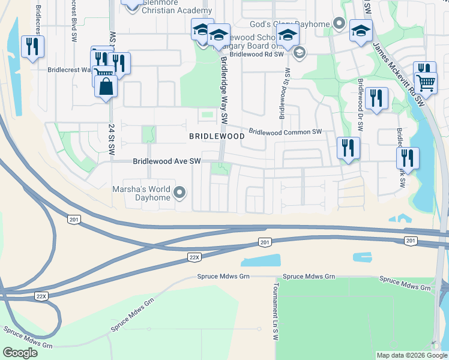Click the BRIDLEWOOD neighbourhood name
pos(217,136)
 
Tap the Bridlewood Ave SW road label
pos(167,161)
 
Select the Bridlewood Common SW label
pos(285,131)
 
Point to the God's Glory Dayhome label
pos(291,24)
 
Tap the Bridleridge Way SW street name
pos(224,90)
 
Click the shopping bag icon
pos(106,86)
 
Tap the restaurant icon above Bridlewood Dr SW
pos(376,97)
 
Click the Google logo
pos(20,353)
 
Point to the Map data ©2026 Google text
pos(411,355)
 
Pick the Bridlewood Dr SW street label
pos(361,105)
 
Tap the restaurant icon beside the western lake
pos(32,46)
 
